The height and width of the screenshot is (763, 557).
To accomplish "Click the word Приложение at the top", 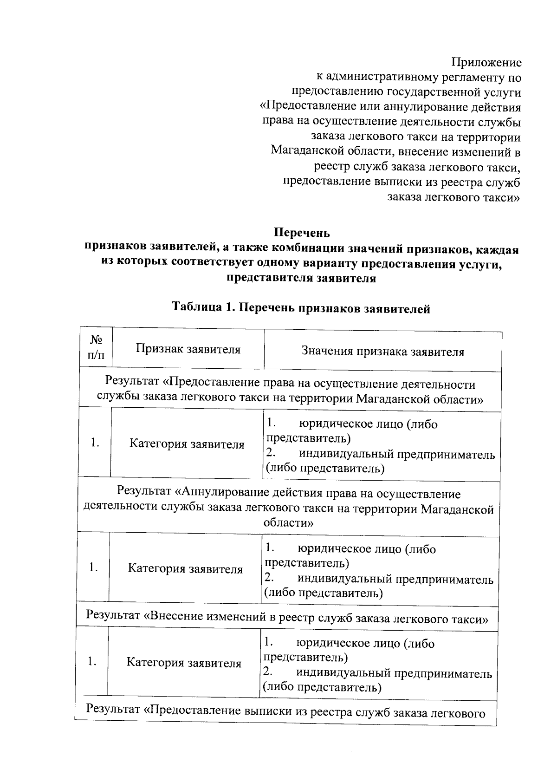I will point(486,63).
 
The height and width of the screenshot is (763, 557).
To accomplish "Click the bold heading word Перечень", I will point(302,232).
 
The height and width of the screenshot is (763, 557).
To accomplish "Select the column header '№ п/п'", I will point(96,348).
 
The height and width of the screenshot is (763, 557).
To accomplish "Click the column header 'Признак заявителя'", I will point(188,349).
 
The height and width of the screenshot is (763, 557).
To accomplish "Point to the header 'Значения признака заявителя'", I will point(382,352).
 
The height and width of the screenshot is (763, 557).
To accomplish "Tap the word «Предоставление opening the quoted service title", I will point(308,107).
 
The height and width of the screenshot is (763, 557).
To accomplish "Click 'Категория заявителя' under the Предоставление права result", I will point(187,444).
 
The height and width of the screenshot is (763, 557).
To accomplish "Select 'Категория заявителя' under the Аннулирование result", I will point(185,569).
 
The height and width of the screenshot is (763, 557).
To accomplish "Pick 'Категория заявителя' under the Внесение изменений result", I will point(184,663).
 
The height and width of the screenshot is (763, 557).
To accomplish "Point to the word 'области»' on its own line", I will point(288,523).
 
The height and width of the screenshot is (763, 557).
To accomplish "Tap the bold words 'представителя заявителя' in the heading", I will point(301,279).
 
